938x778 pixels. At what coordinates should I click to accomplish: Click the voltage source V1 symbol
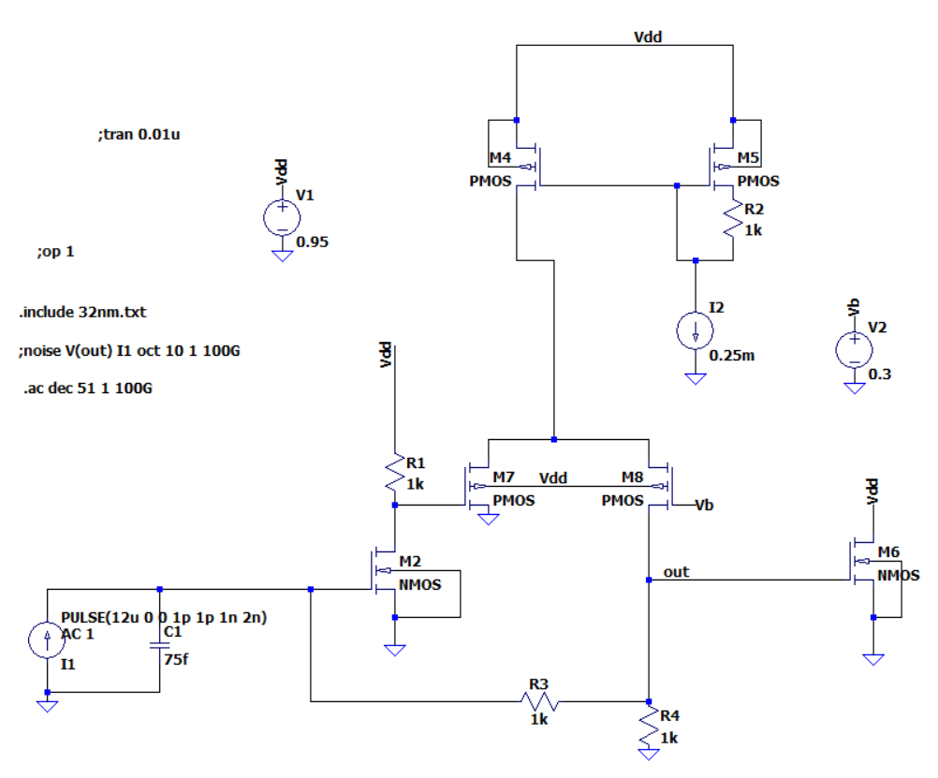click(x=282, y=217)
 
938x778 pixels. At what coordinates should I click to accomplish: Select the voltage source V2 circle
click(x=853, y=349)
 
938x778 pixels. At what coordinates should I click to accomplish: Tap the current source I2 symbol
click(x=695, y=330)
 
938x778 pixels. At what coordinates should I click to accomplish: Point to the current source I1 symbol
click(x=47, y=640)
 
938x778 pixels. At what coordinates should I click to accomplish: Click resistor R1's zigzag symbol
click(x=395, y=473)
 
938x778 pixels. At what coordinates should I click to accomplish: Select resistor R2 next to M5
click(x=731, y=220)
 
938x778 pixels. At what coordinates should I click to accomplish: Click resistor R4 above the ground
click(x=649, y=728)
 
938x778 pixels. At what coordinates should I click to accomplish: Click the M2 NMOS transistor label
click(x=410, y=561)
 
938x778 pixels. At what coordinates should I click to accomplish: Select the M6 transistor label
click(x=888, y=550)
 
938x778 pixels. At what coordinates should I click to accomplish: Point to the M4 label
click(x=501, y=157)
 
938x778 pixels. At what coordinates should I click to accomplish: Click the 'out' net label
click(x=675, y=571)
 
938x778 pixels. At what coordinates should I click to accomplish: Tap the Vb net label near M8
click(x=705, y=506)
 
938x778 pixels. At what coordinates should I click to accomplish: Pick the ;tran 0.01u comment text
click(x=139, y=135)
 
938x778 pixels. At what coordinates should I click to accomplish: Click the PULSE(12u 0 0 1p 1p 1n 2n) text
click(x=165, y=618)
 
